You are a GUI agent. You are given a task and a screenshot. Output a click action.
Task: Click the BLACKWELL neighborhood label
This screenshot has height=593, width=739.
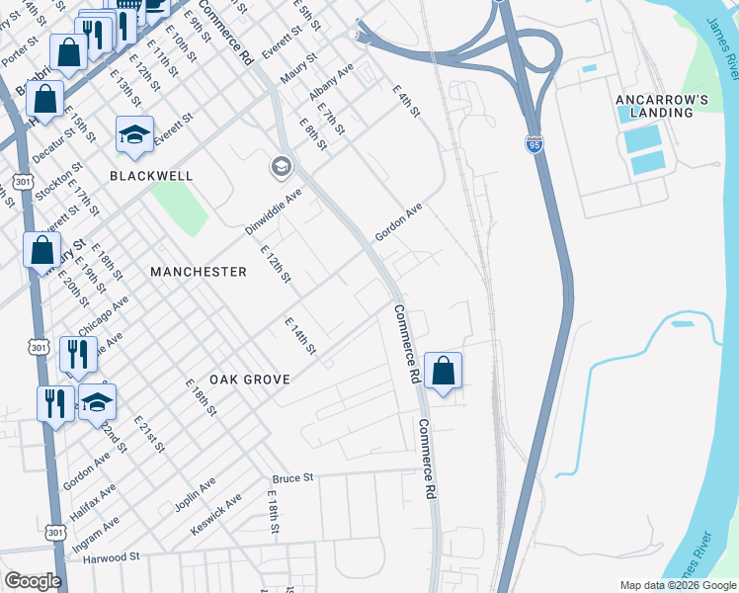coord(150,175)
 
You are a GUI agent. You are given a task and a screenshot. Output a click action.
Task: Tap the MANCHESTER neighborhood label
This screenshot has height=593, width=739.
coord(198,271)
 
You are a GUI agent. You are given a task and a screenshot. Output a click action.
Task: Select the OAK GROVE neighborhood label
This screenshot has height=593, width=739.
coord(249,380)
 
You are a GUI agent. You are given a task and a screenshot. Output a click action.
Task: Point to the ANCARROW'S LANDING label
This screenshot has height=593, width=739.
coord(661,106)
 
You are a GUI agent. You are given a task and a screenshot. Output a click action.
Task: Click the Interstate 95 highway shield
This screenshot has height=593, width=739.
coord(534,145)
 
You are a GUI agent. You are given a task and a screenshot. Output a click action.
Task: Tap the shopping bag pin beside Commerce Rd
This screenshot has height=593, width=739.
coord(444,372)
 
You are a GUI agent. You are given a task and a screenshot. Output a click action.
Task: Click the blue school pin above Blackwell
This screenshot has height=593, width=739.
coord(134,134)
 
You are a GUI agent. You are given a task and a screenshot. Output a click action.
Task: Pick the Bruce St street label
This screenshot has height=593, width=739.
coord(291,477)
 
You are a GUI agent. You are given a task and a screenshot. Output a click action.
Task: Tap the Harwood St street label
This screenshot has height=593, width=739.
coord(111,557)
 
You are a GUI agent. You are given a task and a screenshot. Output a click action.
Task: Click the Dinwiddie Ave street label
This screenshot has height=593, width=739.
coord(272,212)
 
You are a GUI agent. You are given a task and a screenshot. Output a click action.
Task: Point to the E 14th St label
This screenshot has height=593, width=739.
coord(299,336)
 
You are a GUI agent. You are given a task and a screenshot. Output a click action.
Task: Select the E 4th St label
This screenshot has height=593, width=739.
coord(405,101)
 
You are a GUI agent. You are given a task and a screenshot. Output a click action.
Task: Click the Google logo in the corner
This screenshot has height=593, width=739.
coord(33,581)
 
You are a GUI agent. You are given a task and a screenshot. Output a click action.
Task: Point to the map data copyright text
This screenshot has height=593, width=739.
coord(678,585)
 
